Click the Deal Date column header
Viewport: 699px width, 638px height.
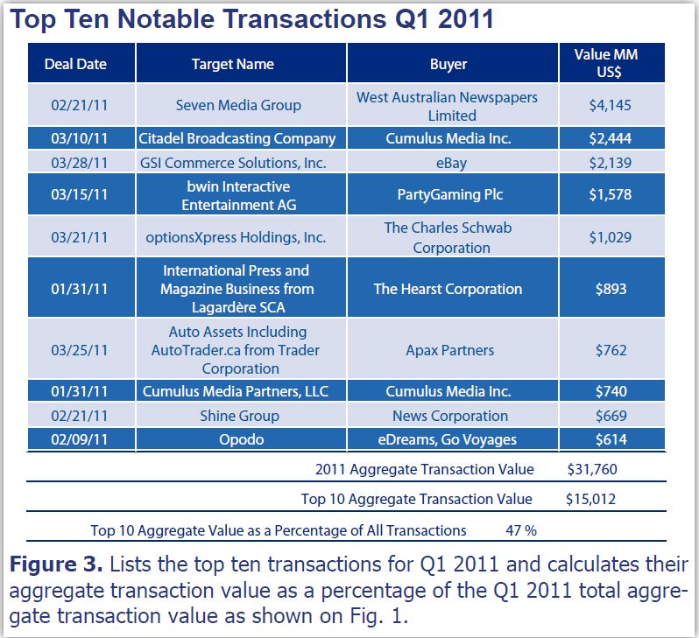click(x=81, y=64)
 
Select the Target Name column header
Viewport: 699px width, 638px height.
click(x=232, y=64)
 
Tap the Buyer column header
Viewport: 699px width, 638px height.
click(x=448, y=64)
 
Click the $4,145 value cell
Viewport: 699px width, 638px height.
click(x=610, y=105)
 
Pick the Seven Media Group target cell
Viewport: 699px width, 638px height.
click(x=238, y=105)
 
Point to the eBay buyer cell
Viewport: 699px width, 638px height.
click(x=448, y=163)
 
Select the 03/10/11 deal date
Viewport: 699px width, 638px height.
click(x=80, y=138)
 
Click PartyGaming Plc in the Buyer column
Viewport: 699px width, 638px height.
click(x=448, y=194)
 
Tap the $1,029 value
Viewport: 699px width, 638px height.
click(x=610, y=237)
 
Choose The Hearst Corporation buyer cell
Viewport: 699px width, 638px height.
click(x=448, y=289)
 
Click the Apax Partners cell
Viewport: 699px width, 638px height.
click(x=448, y=350)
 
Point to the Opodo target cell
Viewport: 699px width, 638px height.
click(x=238, y=439)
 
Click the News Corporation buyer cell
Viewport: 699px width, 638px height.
click(x=449, y=416)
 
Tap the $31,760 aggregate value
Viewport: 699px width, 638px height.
click(x=592, y=469)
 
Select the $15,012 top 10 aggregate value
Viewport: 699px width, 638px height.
click(x=591, y=499)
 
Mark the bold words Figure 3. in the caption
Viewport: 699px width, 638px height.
click(x=57, y=564)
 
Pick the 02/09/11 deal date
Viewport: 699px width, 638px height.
click(x=80, y=439)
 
